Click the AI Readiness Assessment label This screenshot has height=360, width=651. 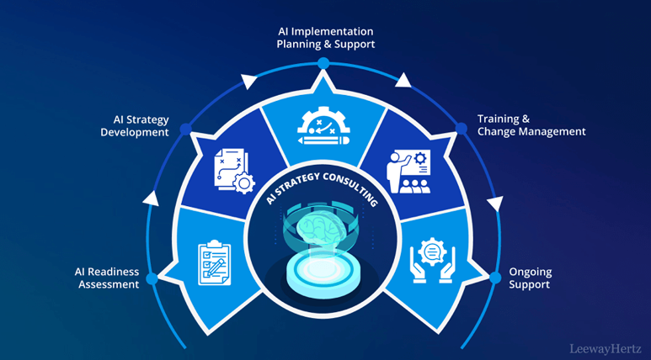[107, 278]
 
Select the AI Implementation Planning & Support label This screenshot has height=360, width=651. [326, 38]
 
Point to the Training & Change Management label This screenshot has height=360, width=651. [531, 125]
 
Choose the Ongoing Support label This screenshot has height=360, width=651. [531, 278]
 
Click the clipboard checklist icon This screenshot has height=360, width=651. [215, 263]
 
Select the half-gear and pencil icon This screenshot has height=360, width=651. [324, 125]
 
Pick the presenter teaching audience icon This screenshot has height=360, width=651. [408, 172]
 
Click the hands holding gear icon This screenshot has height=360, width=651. [432, 261]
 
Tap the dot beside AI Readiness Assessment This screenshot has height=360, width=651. [152, 278]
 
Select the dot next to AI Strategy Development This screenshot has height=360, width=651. [185, 129]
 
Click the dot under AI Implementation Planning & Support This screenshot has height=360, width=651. [323, 63]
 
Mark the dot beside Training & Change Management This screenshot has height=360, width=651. [462, 129]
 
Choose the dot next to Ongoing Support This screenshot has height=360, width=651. [495, 278]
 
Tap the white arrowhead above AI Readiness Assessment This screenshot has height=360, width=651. [151, 199]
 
